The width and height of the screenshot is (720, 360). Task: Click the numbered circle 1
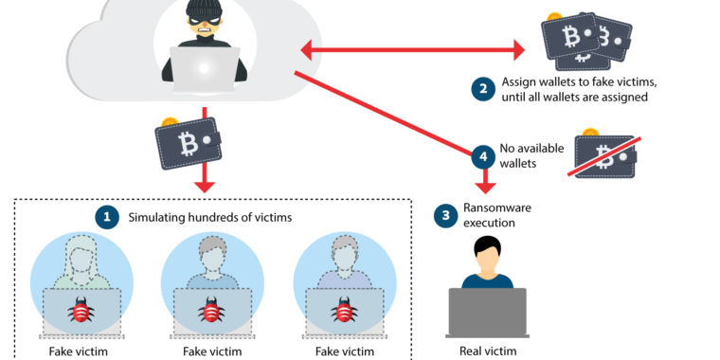click(x=107, y=217)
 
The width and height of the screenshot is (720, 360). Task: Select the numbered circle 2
click(x=484, y=89)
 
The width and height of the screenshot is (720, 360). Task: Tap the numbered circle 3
click(x=445, y=215)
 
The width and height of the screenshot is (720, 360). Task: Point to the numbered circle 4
click(x=483, y=154)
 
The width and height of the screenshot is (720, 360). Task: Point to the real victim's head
click(x=487, y=254)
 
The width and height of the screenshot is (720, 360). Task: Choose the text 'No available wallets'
click(x=520, y=155)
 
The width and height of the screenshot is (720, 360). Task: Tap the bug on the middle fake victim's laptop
click(x=211, y=311)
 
